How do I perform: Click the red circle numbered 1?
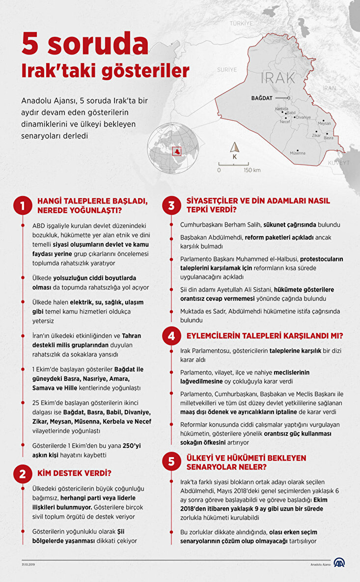coord(23,205)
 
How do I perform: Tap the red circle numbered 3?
coord(171,205)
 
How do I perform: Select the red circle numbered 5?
coord(171,461)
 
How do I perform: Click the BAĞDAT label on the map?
coord(261,98)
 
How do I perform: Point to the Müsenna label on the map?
coord(298,153)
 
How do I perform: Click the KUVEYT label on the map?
coord(339,162)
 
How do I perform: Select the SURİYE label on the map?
coord(227,70)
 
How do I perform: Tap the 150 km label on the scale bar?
coord(252,170)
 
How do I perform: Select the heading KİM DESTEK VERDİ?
coord(74,473)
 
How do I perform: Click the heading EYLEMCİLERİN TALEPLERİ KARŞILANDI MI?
coord(265,336)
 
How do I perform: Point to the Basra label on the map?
coord(329,138)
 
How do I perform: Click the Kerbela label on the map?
coord(282,109)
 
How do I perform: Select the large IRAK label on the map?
coord(278,77)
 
